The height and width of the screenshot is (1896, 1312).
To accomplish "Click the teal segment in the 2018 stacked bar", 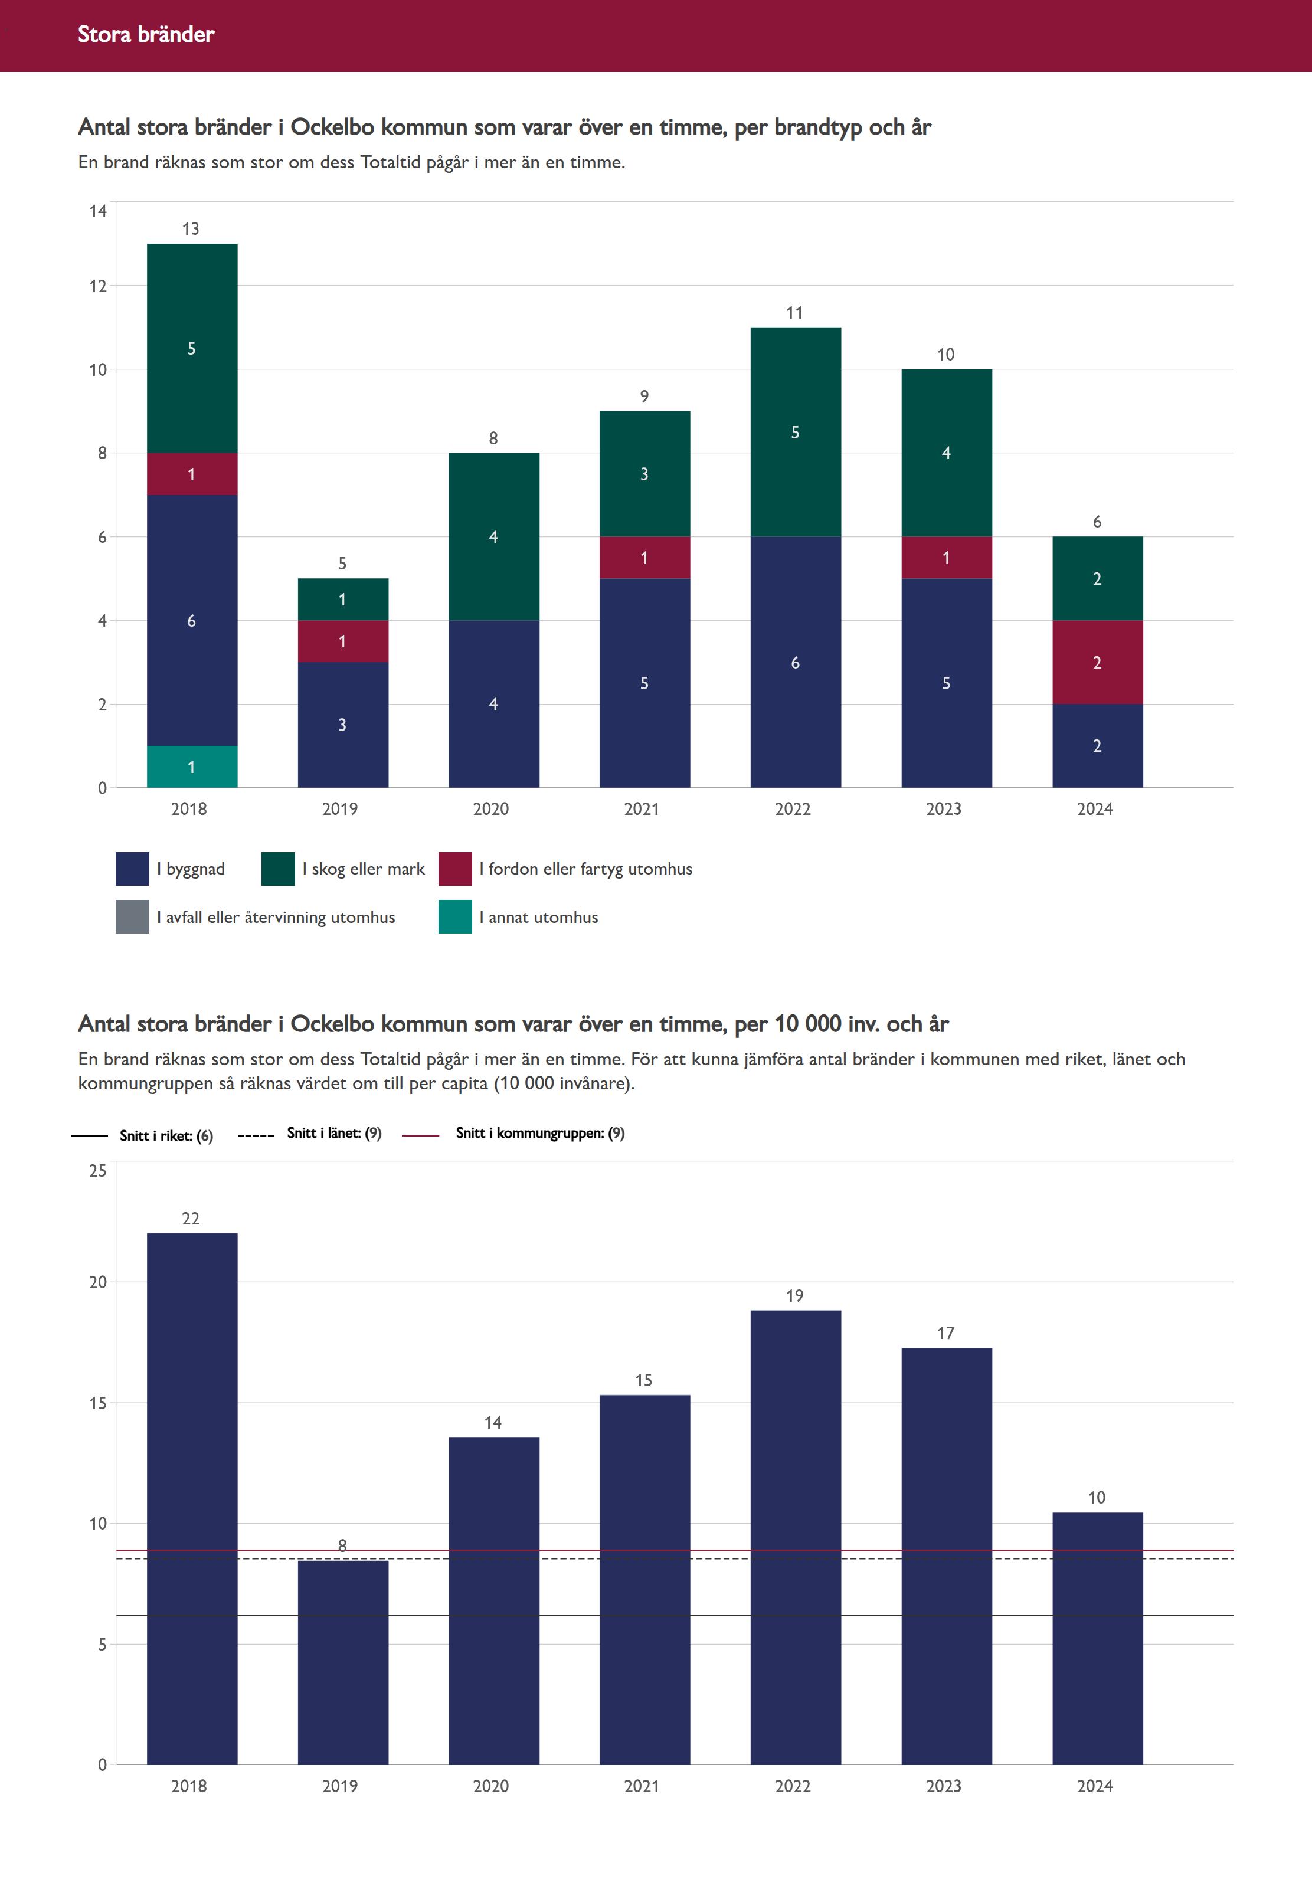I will click(192, 766).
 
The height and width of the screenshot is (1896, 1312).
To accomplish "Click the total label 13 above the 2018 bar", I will click(191, 228).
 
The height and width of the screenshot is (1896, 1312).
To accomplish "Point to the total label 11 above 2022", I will click(794, 312).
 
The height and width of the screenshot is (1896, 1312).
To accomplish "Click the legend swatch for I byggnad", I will click(132, 869).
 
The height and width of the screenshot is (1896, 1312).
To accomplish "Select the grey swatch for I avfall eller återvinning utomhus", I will click(132, 917).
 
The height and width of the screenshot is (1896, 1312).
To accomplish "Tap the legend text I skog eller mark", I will click(364, 869).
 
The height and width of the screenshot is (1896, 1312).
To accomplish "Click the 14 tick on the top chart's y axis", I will click(98, 211).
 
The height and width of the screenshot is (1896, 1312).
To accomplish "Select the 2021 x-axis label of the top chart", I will click(641, 808).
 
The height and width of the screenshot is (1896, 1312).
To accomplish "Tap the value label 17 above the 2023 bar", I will click(945, 1333).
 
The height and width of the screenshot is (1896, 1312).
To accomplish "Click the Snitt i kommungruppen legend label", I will click(540, 1134).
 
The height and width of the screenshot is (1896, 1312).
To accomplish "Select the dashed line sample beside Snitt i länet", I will click(255, 1135).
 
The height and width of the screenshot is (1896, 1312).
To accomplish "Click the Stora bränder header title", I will click(146, 34).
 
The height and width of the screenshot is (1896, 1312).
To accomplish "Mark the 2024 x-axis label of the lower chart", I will click(1094, 1786).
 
